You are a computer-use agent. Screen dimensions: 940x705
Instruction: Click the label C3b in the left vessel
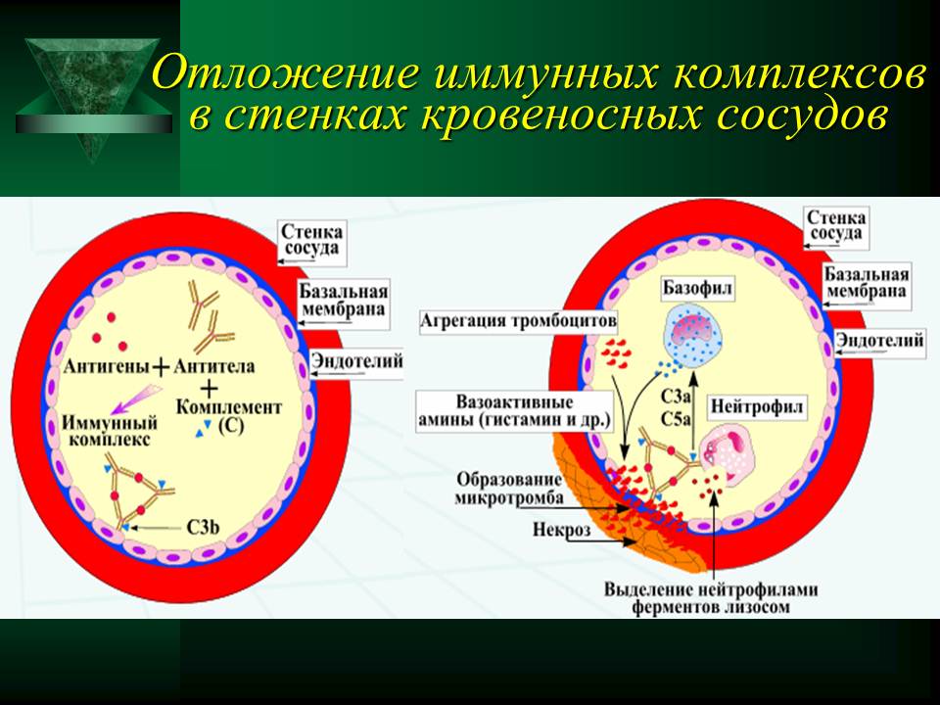[x=204, y=528]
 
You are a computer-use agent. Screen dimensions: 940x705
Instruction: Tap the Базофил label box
[x=697, y=290]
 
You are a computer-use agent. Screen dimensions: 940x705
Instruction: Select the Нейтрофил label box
[x=756, y=407]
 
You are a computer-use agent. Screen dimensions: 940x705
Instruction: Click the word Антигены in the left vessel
[x=106, y=365]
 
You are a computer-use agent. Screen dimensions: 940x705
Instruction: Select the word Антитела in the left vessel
[x=213, y=365]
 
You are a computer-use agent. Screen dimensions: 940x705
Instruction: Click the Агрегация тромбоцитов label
[x=518, y=321]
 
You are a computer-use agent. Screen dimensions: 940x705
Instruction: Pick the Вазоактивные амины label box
[x=515, y=410]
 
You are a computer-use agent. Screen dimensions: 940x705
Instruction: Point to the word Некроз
[x=561, y=530]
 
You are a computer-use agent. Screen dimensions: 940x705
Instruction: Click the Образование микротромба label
[x=509, y=489]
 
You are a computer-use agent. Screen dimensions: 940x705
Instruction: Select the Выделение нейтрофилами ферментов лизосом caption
[x=711, y=597]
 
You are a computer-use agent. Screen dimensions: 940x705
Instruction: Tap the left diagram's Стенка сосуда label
[x=311, y=240]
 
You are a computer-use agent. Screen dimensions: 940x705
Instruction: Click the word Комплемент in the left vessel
[x=228, y=407]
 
